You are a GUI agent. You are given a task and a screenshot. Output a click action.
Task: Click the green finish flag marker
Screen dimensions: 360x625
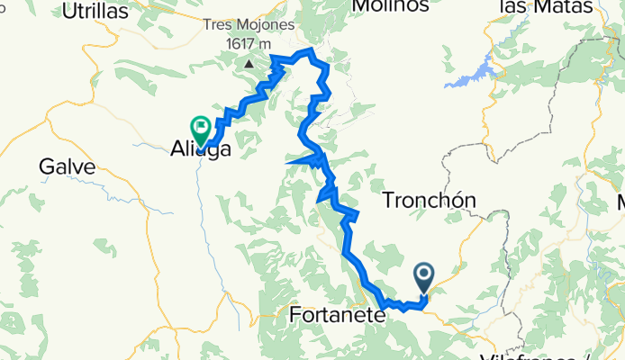pos(199,129)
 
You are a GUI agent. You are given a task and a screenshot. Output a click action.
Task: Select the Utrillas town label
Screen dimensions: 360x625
pos(95,11)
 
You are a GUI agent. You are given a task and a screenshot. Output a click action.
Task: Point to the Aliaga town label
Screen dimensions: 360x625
pos(200,150)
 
